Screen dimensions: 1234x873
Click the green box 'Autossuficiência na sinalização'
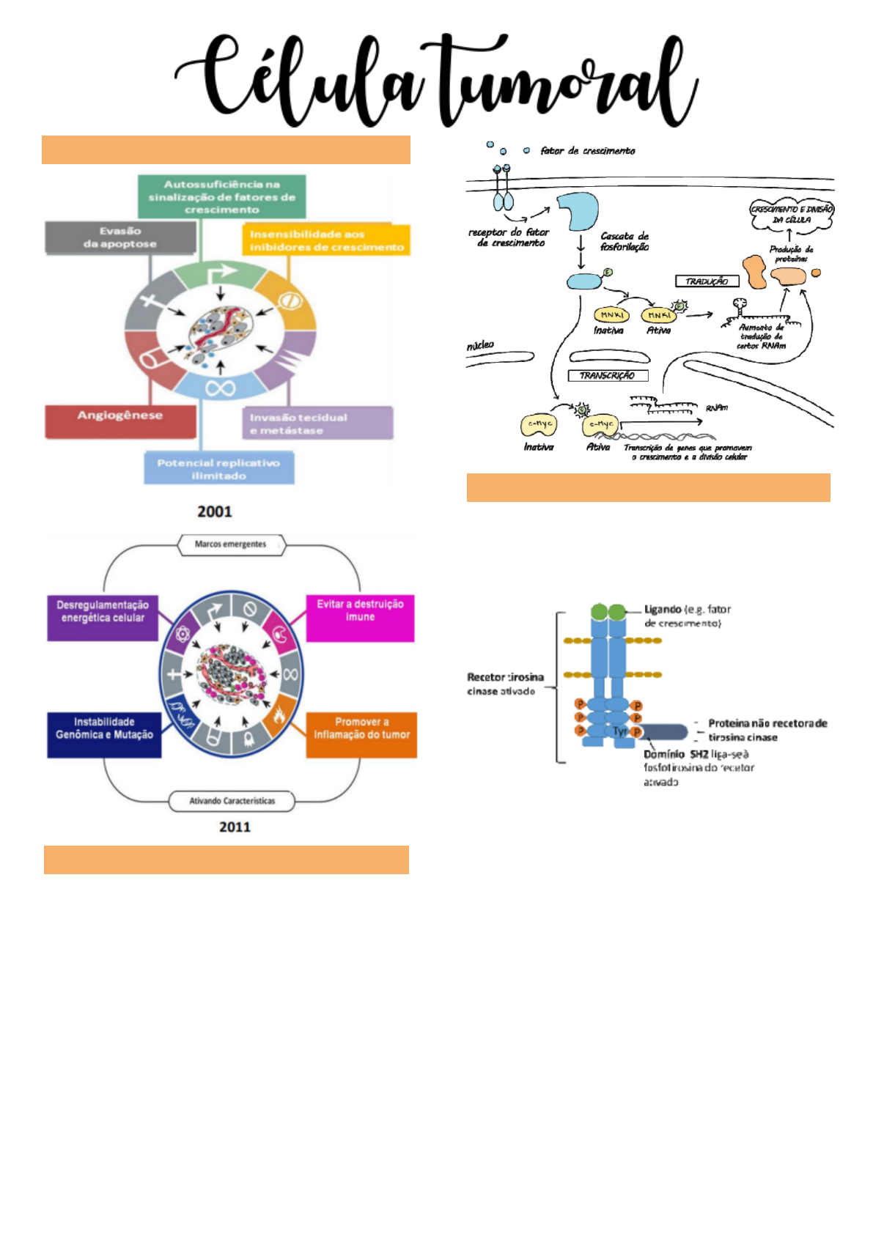point(221,196)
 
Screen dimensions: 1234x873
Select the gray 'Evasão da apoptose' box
point(120,237)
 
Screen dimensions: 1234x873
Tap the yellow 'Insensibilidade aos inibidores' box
point(325,240)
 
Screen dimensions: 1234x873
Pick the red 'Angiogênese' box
point(120,421)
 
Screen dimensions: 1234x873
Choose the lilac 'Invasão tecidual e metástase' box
point(317,424)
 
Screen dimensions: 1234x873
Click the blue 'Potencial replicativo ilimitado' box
point(218,469)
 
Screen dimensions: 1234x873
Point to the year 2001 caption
point(214,511)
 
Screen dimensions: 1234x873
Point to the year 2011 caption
point(235,827)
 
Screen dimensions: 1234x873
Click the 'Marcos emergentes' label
point(231,544)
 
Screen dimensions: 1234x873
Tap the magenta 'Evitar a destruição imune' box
point(360,618)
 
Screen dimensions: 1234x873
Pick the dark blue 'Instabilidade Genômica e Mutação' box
point(104,734)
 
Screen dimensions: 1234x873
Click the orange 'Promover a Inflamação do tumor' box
point(361,734)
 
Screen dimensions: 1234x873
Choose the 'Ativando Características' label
point(232,801)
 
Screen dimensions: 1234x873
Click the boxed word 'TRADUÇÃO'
point(707,281)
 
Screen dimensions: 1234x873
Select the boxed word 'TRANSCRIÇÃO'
point(607,375)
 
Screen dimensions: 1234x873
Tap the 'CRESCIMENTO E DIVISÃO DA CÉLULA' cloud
point(792,215)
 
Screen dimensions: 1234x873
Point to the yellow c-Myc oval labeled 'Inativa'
point(539,424)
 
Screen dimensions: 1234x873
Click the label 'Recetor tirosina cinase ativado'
point(504,684)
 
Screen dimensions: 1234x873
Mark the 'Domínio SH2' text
point(676,754)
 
